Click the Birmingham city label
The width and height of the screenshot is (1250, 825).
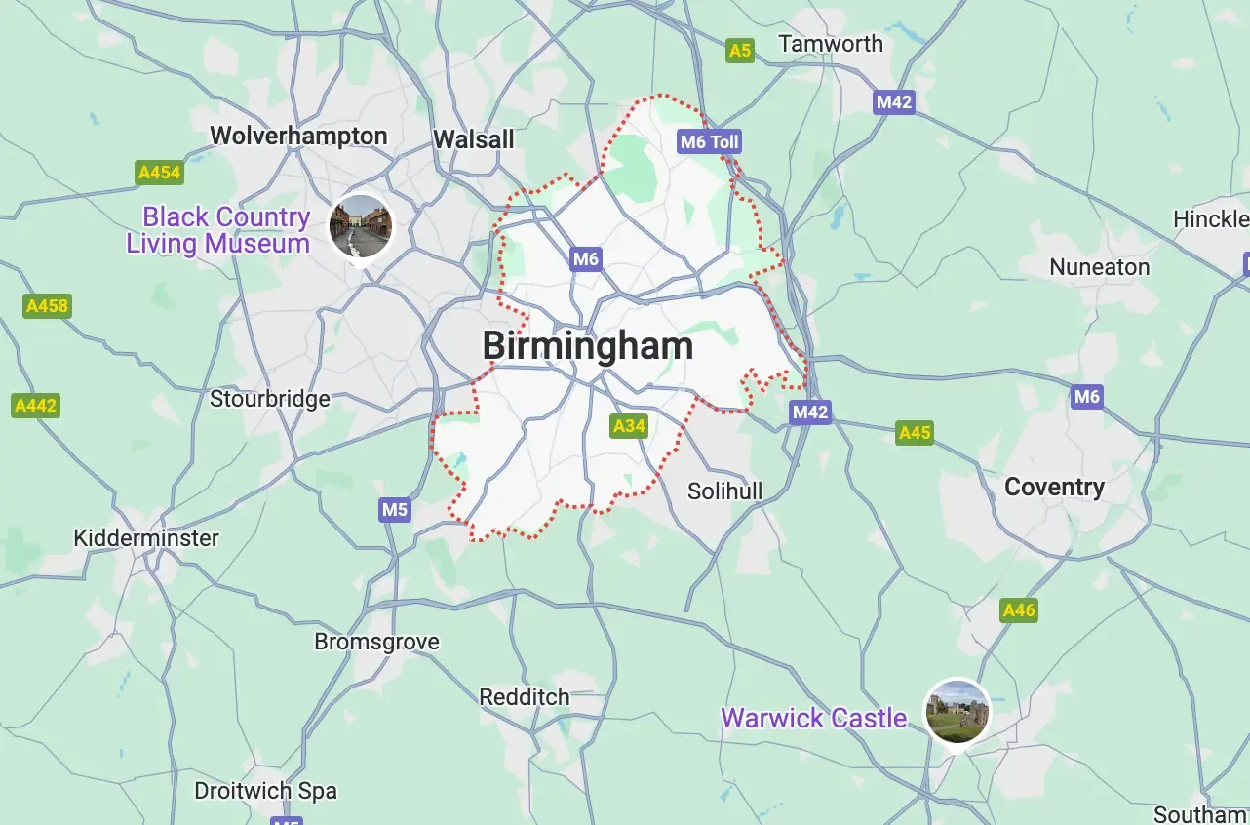tap(587, 346)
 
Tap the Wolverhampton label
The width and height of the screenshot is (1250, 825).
tap(298, 137)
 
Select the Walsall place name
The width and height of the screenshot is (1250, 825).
tap(474, 139)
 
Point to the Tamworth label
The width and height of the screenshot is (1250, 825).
tap(831, 44)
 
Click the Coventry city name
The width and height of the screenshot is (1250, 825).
tap(1054, 488)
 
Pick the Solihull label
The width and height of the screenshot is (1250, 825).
tap(724, 491)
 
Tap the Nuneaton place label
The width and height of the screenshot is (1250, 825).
tap(1099, 267)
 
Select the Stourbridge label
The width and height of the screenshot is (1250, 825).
tap(270, 399)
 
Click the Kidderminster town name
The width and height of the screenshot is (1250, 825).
tap(146, 538)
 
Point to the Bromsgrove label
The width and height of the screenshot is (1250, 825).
tap(376, 642)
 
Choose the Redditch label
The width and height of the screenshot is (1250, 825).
tap(525, 698)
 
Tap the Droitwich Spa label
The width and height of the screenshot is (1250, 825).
tap(265, 791)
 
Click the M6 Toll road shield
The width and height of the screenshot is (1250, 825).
tap(710, 142)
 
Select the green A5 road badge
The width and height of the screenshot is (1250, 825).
tap(740, 51)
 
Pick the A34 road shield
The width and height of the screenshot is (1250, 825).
tap(629, 426)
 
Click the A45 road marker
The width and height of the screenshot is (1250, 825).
tap(915, 432)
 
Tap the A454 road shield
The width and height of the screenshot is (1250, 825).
tap(159, 173)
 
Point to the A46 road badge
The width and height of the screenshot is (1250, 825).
tap(1019, 610)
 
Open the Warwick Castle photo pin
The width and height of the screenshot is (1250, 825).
tap(957, 712)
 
